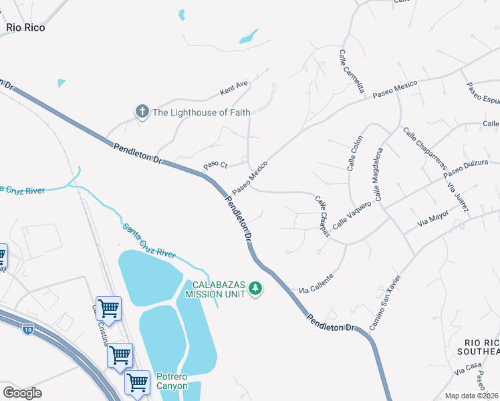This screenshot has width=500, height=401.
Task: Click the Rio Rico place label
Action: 26,28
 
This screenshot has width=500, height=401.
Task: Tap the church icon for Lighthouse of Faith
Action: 142,112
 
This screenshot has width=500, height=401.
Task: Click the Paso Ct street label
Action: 216,164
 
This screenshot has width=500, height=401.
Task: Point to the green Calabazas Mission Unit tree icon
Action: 255,289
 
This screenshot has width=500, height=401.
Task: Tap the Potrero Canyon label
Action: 172,380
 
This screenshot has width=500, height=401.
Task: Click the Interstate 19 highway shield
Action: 27,329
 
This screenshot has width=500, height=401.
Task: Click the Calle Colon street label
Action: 354,153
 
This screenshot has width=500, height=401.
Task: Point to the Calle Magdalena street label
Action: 378,175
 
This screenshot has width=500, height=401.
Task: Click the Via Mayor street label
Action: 432,218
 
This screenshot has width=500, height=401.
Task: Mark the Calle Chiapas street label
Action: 323,215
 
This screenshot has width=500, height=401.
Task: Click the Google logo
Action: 22,393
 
